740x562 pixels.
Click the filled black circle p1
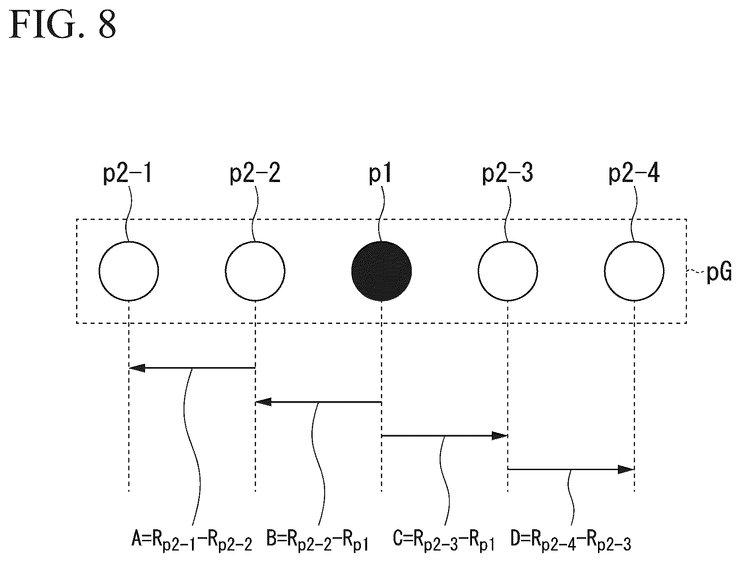381,271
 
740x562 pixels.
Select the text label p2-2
255,173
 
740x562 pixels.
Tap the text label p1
380,173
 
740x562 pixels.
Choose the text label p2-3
508,173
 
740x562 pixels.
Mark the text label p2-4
634,173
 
